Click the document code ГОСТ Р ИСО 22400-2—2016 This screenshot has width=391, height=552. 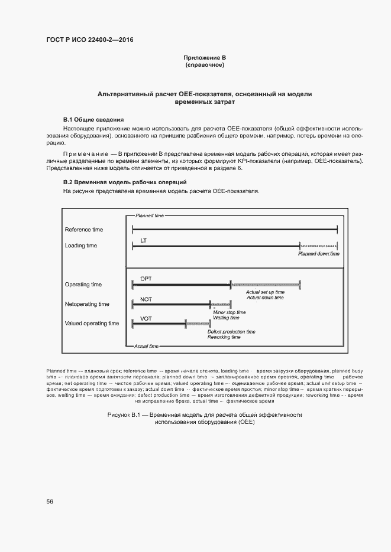coord(89,40)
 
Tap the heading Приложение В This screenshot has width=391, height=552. coord(205,57)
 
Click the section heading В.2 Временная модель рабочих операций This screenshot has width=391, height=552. coord(125,182)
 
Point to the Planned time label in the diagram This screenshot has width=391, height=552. coord(150,216)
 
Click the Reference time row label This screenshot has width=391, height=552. coord(83,229)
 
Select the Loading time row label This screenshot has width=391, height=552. coord(81,246)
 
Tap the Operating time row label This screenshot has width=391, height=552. coord(83,285)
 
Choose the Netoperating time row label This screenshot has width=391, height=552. coord(87,304)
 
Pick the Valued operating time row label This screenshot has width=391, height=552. coord(92,324)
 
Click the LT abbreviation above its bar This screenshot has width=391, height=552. coord(144,240)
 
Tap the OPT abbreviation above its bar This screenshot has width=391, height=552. coord(146,278)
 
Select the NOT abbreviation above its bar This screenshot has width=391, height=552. coord(146,299)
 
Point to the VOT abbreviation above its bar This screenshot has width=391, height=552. coord(146,318)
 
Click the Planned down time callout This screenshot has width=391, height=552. coord(319,254)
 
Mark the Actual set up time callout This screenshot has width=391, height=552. coord(265,292)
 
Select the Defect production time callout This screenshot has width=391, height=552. coord(231,332)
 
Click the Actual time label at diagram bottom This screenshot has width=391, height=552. coord(147,345)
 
